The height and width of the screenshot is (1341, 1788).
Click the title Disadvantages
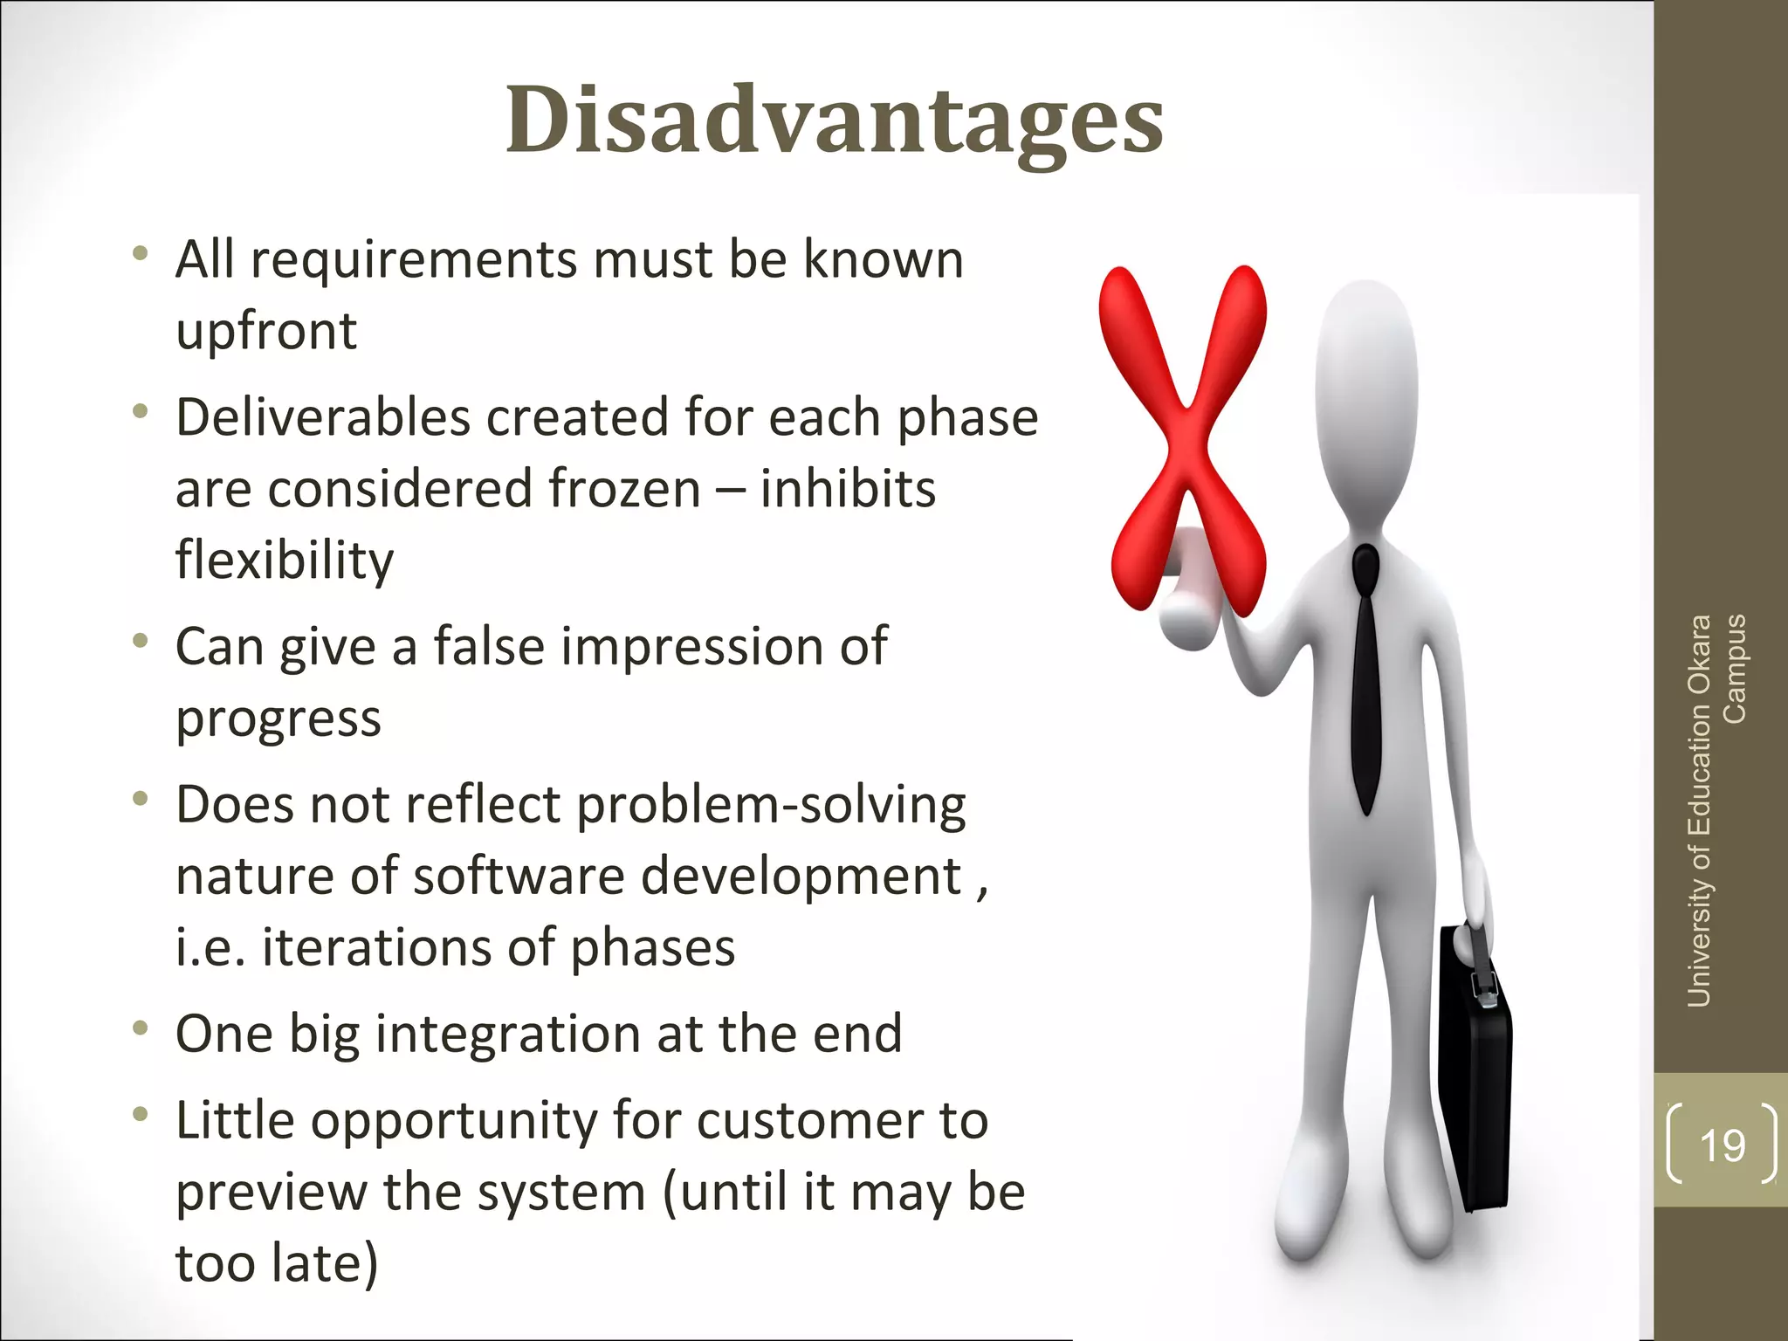pyautogui.click(x=834, y=120)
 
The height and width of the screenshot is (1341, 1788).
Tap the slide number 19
pyautogui.click(x=1722, y=1145)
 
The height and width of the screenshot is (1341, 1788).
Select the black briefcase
pyautogui.click(x=1475, y=1074)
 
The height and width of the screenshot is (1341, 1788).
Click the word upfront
pyautogui.click(x=266, y=332)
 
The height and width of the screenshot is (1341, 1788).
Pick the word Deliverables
pyautogui.click(x=323, y=416)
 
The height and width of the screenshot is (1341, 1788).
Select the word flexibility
pyautogui.click(x=285, y=560)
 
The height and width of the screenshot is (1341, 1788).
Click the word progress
pyautogui.click(x=279, y=719)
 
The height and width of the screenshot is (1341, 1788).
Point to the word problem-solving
pyautogui.click(x=772, y=805)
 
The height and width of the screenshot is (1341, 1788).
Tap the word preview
pyautogui.click(x=272, y=1193)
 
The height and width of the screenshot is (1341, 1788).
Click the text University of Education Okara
pyautogui.click(x=1699, y=811)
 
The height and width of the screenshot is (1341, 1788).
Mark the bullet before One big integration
pyautogui.click(x=141, y=1028)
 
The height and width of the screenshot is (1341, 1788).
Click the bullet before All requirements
pyautogui.click(x=141, y=254)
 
